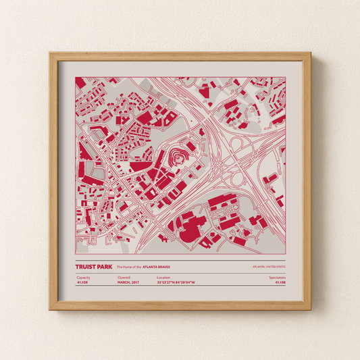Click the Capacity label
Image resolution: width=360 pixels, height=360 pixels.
coord(83,278)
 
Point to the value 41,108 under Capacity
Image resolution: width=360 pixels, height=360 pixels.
coord(83,283)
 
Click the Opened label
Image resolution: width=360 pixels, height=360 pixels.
coord(123,278)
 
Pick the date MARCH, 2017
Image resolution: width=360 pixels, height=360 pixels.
coord(128,283)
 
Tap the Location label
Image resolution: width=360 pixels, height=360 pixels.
coord(163,278)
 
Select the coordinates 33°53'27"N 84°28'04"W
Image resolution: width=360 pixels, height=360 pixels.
coord(180,283)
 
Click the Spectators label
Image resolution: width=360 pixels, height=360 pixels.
coord(277,278)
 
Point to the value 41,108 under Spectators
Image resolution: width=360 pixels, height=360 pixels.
coord(280,283)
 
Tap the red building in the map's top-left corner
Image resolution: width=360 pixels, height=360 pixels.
coord(80,82)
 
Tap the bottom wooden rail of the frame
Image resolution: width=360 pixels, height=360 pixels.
coord(180,306)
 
